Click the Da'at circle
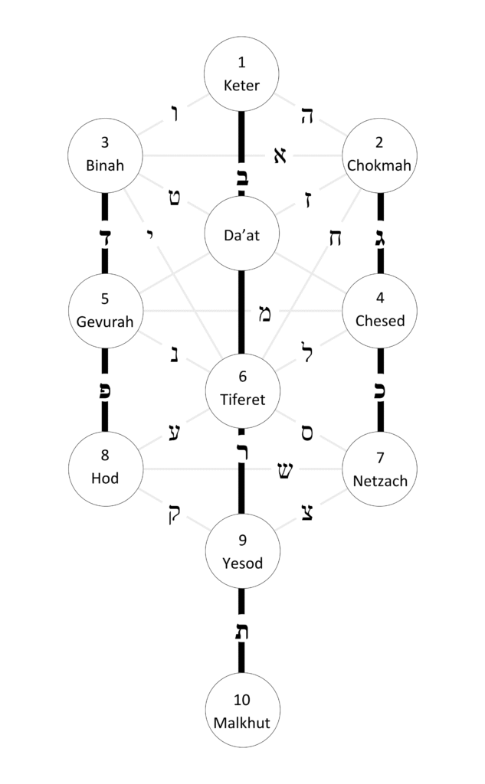click(x=242, y=234)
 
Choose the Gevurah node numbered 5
click(x=106, y=312)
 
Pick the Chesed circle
click(x=380, y=312)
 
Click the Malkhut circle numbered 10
click(x=242, y=710)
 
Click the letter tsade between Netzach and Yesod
click(x=307, y=511)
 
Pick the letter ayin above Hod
click(x=175, y=433)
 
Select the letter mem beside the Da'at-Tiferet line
click(x=264, y=313)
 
